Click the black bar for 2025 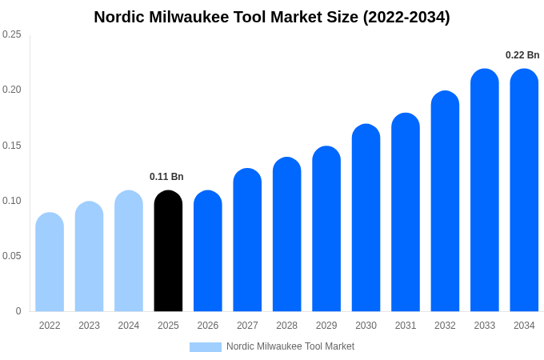point(168,251)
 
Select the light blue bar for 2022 point(50,262)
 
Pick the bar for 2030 point(366,218)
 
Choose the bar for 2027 point(247,240)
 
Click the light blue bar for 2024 point(129,251)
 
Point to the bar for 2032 point(445,202)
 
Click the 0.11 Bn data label point(166,177)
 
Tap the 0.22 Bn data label point(522,55)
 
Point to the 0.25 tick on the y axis point(12,34)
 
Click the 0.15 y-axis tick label point(12,146)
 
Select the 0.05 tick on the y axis point(12,256)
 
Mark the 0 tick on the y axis point(18,311)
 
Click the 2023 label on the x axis point(89,326)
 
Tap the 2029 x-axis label point(326,326)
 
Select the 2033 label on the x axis point(484,326)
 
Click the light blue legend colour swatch point(205,347)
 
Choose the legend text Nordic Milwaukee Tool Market point(290,346)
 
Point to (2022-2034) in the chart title point(406,17)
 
